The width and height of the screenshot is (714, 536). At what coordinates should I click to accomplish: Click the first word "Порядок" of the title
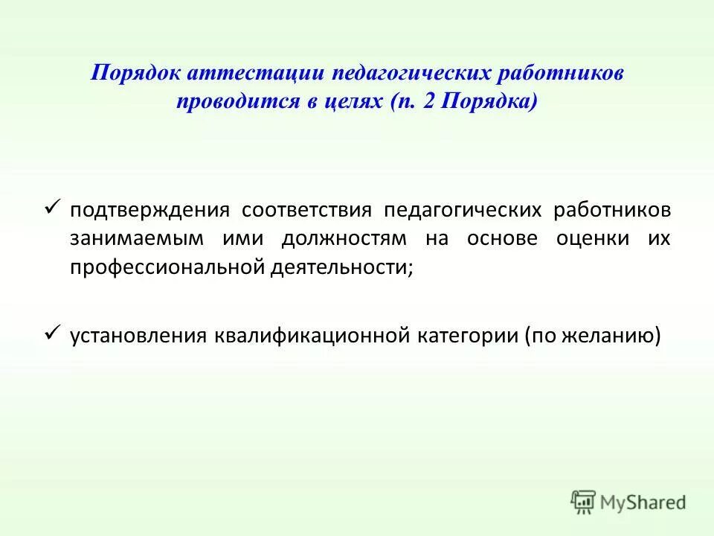click(x=134, y=74)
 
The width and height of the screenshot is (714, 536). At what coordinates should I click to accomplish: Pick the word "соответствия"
click(x=306, y=210)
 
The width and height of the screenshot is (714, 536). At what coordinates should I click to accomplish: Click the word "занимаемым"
click(x=136, y=239)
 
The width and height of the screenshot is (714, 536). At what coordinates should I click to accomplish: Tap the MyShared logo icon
click(x=584, y=502)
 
